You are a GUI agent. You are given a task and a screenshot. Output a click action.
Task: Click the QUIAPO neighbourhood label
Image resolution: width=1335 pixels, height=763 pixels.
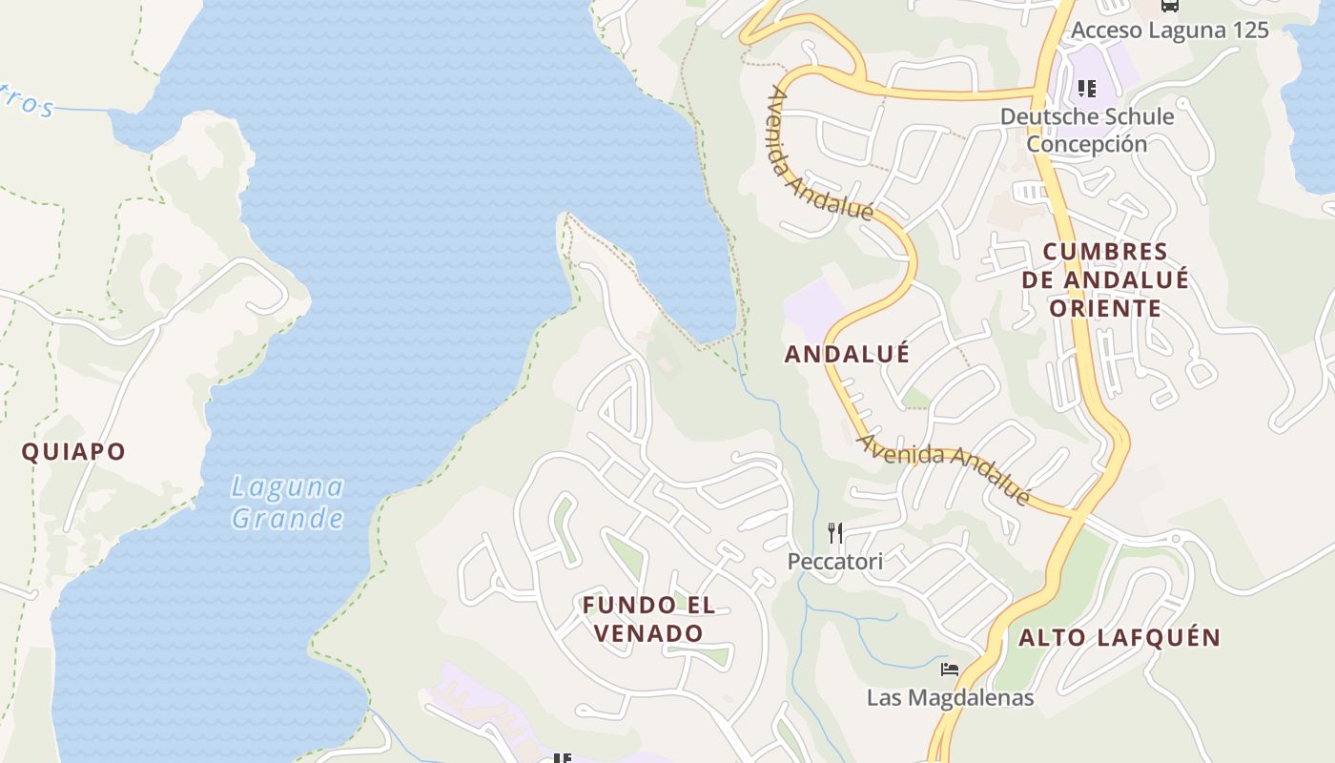[73, 451]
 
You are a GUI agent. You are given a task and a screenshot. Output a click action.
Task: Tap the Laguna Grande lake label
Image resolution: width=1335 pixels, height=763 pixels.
[287, 503]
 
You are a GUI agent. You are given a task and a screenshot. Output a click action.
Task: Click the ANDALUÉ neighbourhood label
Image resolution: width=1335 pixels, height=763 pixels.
[847, 354]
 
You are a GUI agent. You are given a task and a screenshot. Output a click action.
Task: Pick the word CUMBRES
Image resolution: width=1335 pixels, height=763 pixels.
[1105, 252]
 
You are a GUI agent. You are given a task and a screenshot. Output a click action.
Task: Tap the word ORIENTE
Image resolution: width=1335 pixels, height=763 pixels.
[1105, 308]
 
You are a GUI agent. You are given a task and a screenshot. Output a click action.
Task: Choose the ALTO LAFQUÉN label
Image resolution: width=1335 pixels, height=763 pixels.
[1119, 638]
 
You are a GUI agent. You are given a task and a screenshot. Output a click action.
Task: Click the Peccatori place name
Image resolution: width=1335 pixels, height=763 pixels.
[834, 562]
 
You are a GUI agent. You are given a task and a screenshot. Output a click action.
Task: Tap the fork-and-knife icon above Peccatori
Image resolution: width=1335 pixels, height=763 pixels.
[835, 532]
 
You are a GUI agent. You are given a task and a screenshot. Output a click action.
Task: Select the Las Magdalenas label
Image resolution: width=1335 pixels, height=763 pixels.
[950, 697]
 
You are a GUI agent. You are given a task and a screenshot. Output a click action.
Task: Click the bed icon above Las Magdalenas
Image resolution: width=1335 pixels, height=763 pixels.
[949, 669]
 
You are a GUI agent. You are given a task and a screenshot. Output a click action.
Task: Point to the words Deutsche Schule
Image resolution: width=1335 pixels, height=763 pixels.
[1086, 116]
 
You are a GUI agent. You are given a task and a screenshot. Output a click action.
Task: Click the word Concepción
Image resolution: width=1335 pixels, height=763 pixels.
[1086, 144]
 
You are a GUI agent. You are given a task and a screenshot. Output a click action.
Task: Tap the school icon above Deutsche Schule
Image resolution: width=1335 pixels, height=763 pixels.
[1086, 89]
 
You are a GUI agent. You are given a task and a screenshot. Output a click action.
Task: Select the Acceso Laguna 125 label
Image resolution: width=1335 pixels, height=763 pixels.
[1169, 30]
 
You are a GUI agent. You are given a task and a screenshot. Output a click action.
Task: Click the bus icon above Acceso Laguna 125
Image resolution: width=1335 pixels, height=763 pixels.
[1169, 5]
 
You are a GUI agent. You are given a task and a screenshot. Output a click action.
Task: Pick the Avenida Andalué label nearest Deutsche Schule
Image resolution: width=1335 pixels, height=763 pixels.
[819, 155]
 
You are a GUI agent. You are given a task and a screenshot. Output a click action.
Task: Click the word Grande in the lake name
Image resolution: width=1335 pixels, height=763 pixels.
[287, 518]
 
